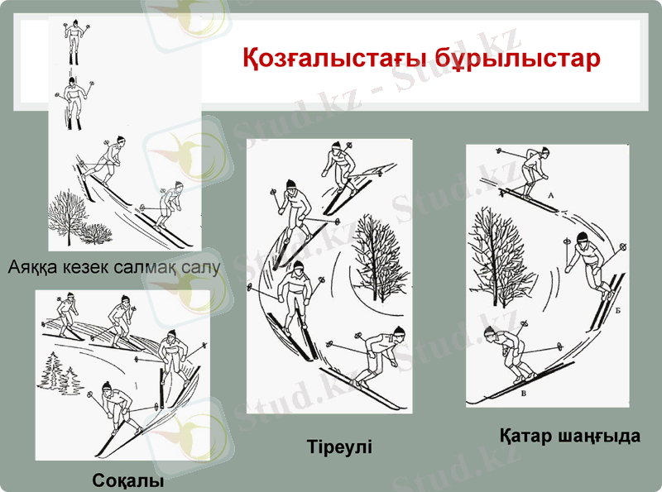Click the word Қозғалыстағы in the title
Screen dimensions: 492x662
(317, 60)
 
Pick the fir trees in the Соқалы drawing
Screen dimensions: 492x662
(61, 372)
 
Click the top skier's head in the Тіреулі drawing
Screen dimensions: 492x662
(333, 149)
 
